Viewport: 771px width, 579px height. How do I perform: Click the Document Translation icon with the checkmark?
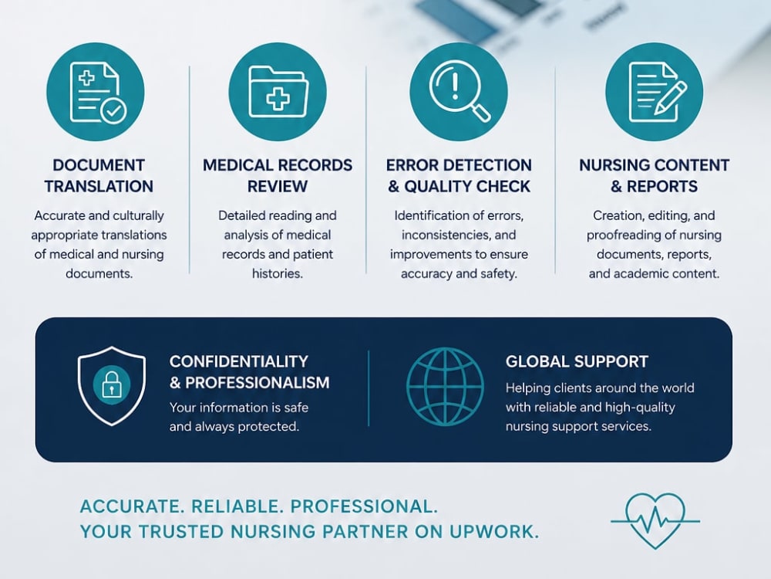[x=96, y=92]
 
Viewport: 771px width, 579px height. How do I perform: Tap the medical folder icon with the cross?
[x=278, y=92]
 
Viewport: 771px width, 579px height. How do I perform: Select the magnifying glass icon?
[x=459, y=92]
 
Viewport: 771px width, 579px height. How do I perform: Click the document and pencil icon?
[x=655, y=92]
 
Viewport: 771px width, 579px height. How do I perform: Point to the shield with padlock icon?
[x=112, y=385]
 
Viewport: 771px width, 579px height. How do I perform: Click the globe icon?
[x=445, y=387]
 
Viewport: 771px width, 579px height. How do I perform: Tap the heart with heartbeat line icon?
[x=655, y=520]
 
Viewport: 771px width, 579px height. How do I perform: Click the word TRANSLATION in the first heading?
[x=99, y=187]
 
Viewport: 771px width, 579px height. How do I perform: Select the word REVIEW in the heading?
[x=278, y=187]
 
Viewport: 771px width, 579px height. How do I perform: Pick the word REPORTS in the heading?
[x=662, y=187]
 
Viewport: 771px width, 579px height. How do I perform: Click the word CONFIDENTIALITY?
[x=239, y=361]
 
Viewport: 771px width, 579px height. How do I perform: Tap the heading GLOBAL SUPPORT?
[x=577, y=362]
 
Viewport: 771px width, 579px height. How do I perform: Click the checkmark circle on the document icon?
[x=113, y=110]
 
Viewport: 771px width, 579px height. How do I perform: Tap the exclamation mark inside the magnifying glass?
[x=456, y=85]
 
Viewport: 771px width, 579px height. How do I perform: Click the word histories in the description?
[x=278, y=274]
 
